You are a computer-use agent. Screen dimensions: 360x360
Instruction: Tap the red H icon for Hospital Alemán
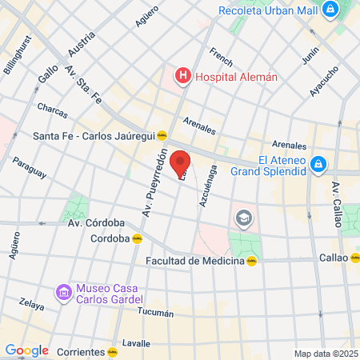point(183,77)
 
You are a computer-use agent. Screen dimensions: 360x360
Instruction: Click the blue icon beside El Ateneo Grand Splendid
point(318,164)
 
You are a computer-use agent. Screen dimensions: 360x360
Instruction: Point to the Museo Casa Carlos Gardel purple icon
point(62,294)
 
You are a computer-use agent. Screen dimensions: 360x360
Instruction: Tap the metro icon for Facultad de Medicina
point(252,261)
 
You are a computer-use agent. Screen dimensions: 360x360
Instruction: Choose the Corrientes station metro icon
point(113,351)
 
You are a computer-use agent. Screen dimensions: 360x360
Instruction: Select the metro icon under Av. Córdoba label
point(137,238)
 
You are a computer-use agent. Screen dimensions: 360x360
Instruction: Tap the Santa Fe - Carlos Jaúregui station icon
point(162,135)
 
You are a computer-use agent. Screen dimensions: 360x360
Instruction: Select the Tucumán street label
point(155,312)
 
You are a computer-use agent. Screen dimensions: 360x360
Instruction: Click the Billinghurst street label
point(18,54)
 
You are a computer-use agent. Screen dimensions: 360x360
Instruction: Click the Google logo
point(26,350)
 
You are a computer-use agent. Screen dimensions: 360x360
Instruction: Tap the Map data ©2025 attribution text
point(324,354)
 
